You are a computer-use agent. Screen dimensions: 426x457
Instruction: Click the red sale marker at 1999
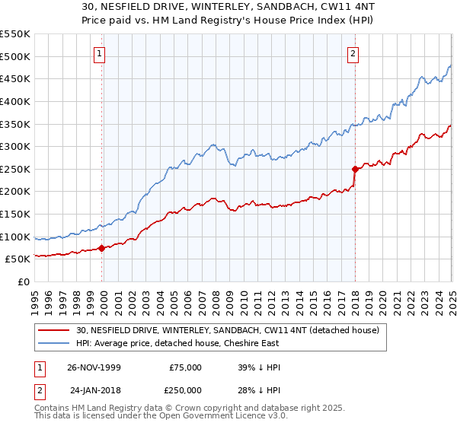102,248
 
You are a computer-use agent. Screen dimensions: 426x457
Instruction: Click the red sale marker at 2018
355,169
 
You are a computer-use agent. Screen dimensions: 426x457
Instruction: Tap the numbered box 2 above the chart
354,53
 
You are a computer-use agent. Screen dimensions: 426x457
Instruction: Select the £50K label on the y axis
18,259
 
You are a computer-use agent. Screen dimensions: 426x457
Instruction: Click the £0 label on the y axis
24,282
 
